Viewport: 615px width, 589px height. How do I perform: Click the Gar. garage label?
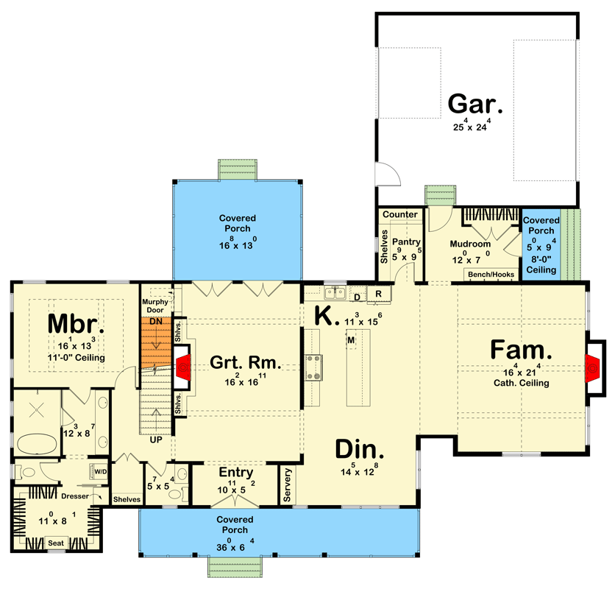point(475,104)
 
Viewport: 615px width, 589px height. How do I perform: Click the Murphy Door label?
point(155,305)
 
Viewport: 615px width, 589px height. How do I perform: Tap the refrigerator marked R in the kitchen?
point(378,294)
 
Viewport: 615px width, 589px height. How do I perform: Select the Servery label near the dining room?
point(288,485)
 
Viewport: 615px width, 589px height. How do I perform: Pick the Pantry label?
point(405,241)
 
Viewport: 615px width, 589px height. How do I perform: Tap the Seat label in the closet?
point(56,543)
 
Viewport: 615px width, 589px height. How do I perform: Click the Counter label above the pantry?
point(400,214)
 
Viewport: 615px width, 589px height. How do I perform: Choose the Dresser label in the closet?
point(75,496)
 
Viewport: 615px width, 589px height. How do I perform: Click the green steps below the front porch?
point(235,568)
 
